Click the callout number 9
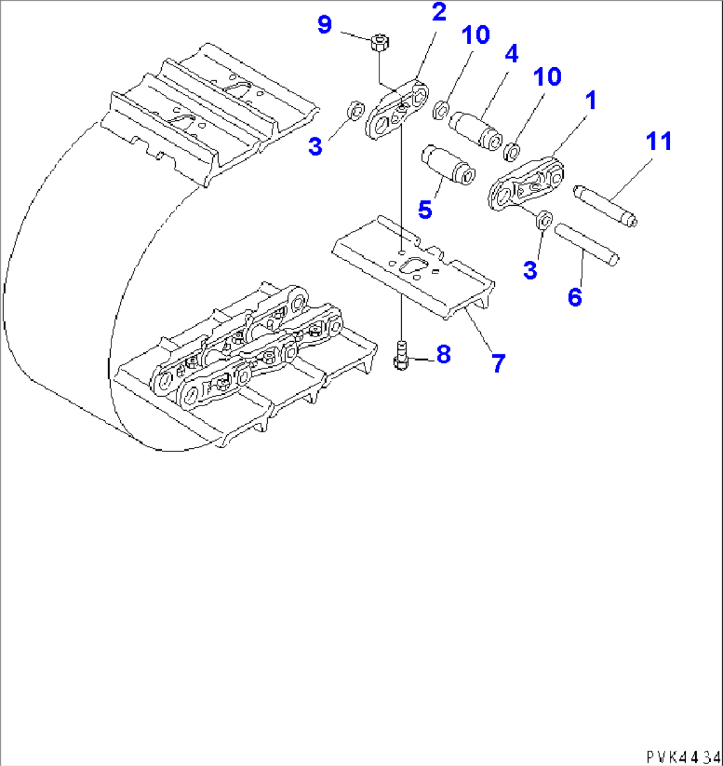point(324,26)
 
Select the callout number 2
point(439,12)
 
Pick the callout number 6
point(574,297)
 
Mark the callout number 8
point(443,354)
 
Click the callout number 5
point(425,209)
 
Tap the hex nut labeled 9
point(380,42)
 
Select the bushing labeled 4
point(476,129)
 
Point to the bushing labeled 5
point(448,165)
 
